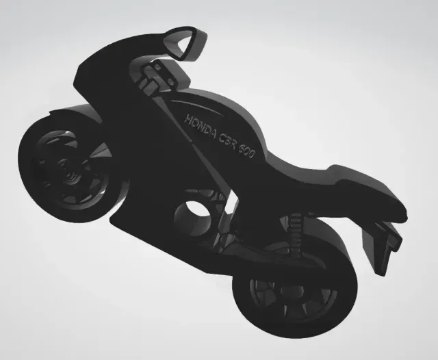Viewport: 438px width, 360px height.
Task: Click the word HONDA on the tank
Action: point(201,127)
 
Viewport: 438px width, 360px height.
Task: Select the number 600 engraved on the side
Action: point(247,152)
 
